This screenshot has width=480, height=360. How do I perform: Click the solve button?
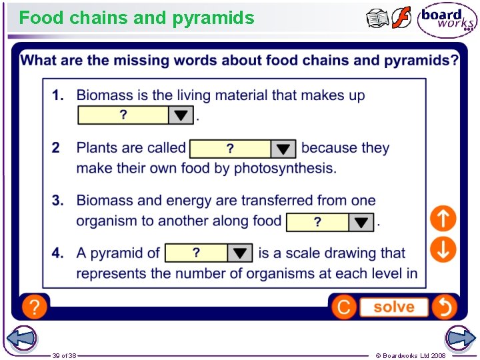(393, 307)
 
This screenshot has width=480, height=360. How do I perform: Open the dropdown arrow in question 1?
(181, 115)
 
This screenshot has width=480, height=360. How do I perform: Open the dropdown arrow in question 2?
(283, 149)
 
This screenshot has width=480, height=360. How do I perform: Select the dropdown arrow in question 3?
(361, 222)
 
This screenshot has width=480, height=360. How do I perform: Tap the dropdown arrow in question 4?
(240, 253)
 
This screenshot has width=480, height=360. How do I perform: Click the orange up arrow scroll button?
(443, 218)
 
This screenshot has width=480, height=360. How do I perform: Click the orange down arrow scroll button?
(443, 249)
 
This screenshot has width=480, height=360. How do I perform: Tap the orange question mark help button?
(34, 307)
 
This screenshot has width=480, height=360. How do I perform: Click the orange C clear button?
(344, 307)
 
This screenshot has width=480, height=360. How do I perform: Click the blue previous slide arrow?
(21, 338)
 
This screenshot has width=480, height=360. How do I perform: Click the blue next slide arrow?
(460, 338)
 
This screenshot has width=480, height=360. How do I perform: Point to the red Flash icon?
(401, 18)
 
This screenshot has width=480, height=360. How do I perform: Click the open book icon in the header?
(377, 19)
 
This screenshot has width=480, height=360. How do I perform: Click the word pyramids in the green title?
(213, 18)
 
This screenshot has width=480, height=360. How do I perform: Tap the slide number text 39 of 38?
(65, 355)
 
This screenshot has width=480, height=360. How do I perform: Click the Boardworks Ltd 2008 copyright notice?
(411, 355)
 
